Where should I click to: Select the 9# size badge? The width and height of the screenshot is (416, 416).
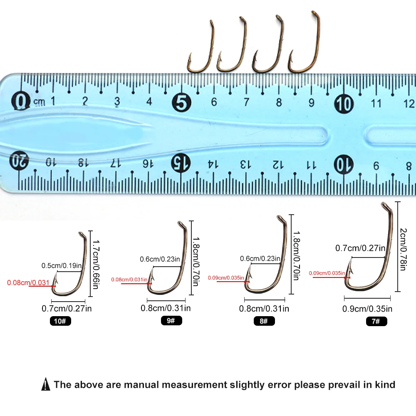click(x=171, y=321)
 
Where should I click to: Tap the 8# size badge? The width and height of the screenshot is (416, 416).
click(x=264, y=321)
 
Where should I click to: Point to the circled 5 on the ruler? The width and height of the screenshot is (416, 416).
click(x=181, y=102)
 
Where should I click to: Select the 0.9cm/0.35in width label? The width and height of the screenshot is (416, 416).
click(x=367, y=309)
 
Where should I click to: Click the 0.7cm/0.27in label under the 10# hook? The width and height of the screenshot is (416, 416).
click(x=67, y=309)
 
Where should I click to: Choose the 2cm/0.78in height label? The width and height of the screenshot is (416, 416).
click(x=403, y=249)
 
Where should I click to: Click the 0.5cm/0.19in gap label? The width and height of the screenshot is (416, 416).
click(x=62, y=265)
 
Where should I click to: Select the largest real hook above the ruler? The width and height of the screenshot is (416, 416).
click(x=306, y=44)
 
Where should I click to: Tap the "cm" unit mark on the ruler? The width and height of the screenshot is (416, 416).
click(x=40, y=102)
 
